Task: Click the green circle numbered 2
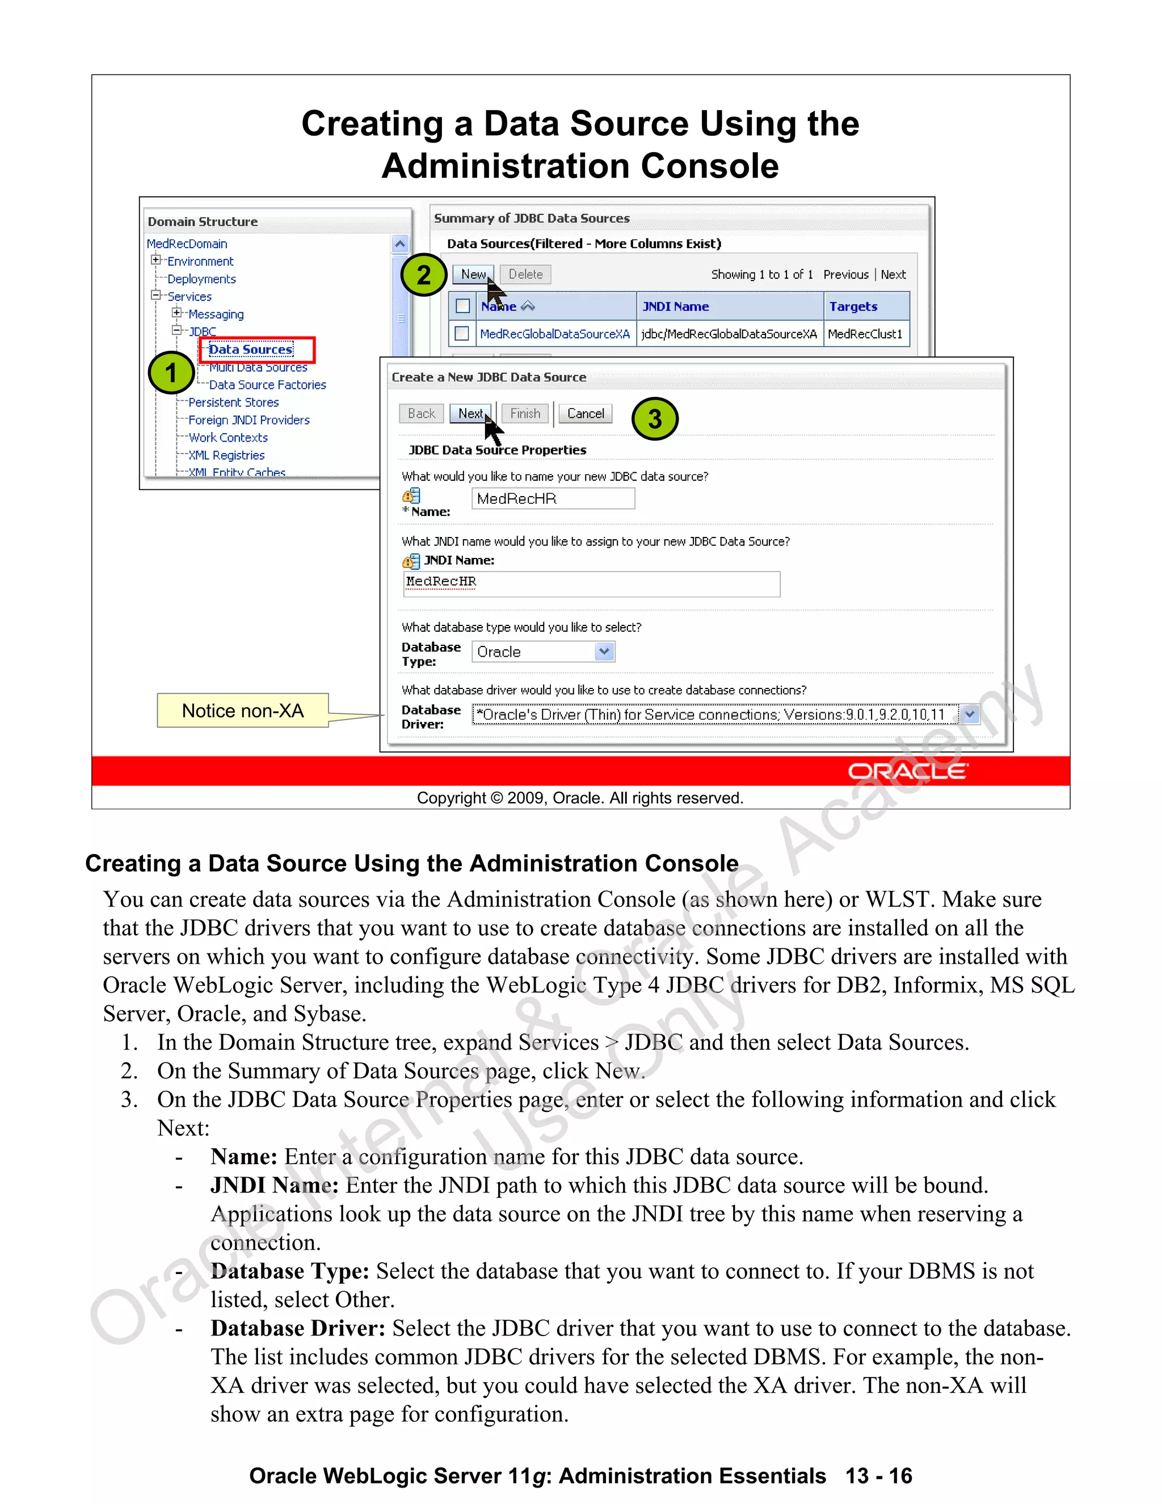coord(424,275)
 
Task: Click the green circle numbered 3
coord(655,418)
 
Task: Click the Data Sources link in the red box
coord(251,350)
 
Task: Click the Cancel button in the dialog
coord(585,413)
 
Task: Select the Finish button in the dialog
coord(525,413)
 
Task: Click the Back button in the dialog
coord(422,413)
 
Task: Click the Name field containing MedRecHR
coord(553,498)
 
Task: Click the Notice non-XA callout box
coord(242,711)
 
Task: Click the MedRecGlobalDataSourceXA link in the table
coord(555,334)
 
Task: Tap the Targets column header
coord(853,306)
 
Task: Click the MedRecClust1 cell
coord(865,334)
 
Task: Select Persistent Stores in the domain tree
coord(233,402)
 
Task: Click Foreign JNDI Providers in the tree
coord(249,420)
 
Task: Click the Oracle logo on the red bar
coord(907,771)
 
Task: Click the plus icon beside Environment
coord(156,261)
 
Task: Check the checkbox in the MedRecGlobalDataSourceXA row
coord(462,333)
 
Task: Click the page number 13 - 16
coord(878,1476)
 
